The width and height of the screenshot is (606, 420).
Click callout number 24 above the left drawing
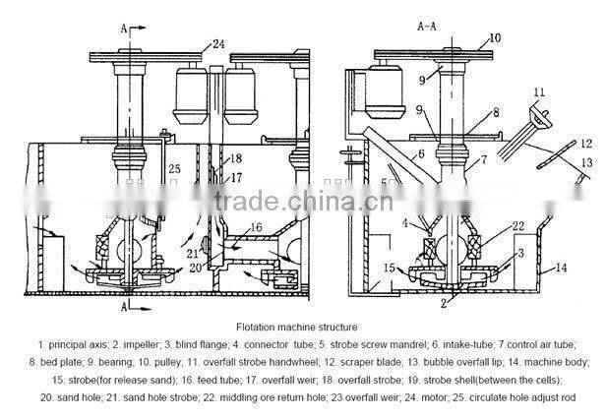tap(218, 42)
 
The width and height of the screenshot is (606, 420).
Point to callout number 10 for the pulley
tap(495, 36)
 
